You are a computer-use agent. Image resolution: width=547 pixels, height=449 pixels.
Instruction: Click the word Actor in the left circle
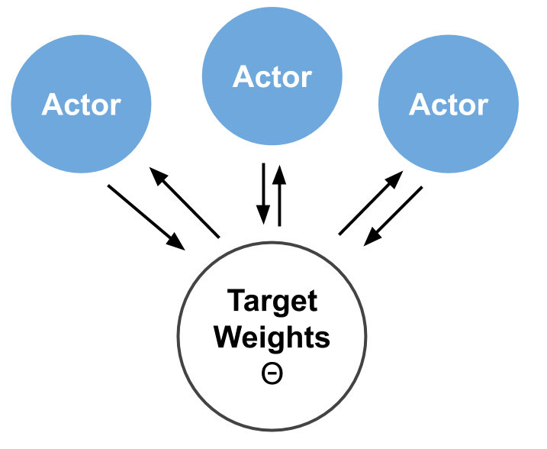tap(81, 105)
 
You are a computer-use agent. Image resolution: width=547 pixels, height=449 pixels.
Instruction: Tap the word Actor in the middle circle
tap(272, 77)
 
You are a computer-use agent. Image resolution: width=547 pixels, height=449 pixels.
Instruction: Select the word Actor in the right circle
tap(448, 105)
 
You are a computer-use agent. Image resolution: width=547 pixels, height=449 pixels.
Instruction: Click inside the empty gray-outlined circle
tap(272, 336)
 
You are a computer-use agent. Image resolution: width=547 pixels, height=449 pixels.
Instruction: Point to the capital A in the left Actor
tap(53, 105)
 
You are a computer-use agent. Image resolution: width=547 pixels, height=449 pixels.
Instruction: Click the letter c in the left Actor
tap(72, 107)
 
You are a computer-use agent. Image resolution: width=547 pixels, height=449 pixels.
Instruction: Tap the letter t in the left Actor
tap(85, 105)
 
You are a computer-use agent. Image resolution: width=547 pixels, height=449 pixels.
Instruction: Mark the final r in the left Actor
tap(115, 107)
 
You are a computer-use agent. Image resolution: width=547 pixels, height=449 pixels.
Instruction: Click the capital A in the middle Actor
tap(243, 77)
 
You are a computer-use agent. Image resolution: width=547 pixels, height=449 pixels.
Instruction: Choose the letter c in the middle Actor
tap(263, 79)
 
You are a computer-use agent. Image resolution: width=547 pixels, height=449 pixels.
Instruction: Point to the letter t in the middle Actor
tap(276, 78)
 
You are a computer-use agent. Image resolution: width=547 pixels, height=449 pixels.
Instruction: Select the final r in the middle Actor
tap(306, 79)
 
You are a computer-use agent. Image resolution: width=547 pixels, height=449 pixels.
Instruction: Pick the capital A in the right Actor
tap(420, 105)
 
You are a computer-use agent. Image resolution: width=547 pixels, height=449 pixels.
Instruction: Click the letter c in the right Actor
tap(439, 107)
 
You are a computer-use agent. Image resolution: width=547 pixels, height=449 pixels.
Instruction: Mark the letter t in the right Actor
tap(452, 105)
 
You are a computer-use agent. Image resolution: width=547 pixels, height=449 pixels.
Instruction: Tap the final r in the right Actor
tap(482, 107)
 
